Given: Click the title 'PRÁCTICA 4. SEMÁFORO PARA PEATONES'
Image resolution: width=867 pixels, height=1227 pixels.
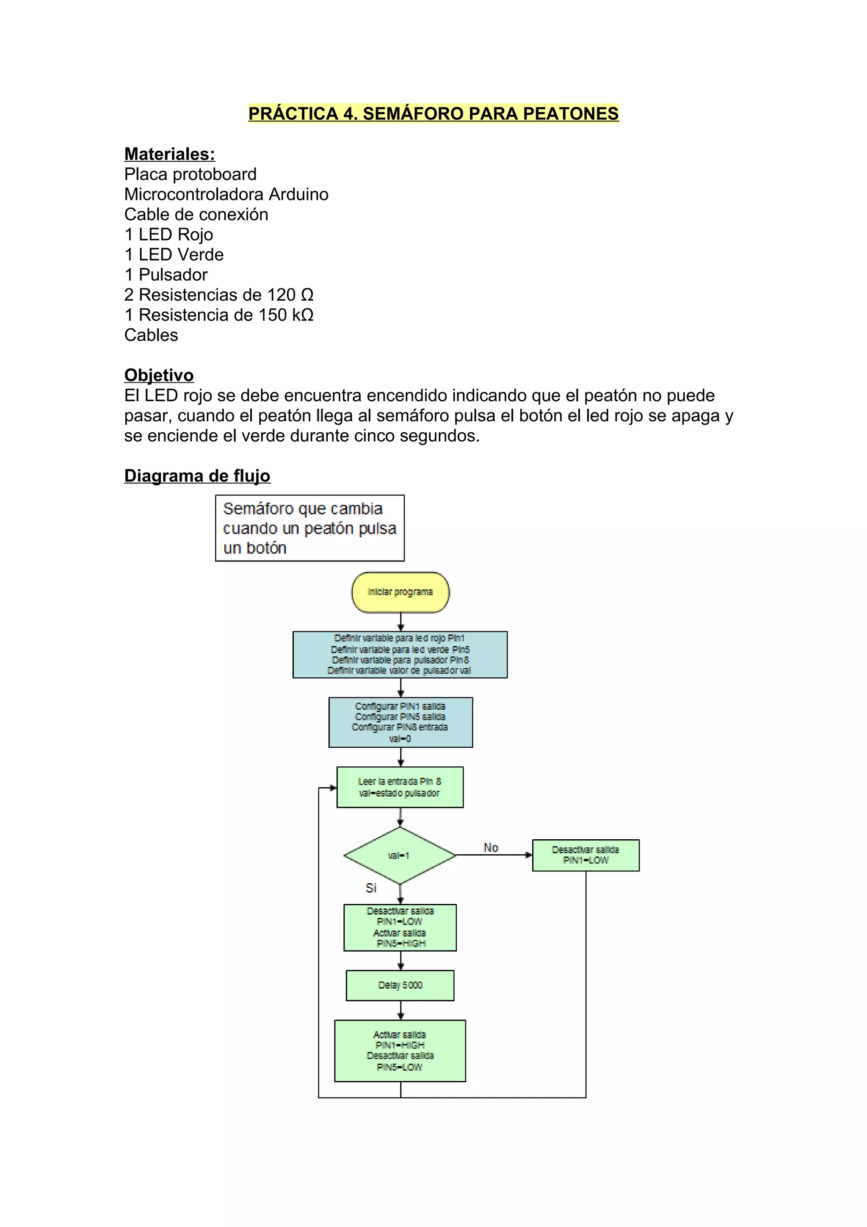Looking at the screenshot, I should (433, 113).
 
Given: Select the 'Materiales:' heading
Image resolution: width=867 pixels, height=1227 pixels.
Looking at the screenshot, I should (169, 154).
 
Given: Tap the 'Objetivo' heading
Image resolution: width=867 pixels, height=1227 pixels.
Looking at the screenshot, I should (159, 375).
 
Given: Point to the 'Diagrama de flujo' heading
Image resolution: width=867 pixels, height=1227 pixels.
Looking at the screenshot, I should (197, 475).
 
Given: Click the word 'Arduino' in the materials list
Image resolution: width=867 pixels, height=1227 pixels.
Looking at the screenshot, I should (298, 194).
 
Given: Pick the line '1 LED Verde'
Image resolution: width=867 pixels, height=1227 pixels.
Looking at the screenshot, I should (174, 254).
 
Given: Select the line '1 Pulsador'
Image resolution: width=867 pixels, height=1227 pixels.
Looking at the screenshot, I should (166, 275).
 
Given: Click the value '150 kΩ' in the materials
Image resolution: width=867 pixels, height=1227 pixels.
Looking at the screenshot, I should (286, 315).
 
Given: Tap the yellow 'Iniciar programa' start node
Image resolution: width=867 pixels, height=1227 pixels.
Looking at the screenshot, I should (400, 592).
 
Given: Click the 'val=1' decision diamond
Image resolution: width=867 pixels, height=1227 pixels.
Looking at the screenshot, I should (400, 856).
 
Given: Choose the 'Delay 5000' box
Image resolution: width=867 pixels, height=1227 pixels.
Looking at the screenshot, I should (400, 985).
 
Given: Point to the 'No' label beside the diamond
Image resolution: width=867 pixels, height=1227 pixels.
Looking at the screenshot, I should (490, 848).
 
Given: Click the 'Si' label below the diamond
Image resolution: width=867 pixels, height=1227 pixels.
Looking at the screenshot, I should (371, 888).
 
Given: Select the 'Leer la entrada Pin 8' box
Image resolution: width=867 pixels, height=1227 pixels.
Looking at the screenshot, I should (400, 787).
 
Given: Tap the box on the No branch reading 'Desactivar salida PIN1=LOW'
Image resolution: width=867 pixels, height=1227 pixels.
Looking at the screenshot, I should (585, 855).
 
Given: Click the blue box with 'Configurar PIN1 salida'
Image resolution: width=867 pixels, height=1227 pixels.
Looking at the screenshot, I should (400, 722).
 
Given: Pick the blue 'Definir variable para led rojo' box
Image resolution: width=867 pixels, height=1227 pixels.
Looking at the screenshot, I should (400, 655).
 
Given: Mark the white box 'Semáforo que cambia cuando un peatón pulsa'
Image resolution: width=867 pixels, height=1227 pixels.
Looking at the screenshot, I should (309, 528).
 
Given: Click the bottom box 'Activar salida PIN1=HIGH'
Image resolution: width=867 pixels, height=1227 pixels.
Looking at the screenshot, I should (400, 1050).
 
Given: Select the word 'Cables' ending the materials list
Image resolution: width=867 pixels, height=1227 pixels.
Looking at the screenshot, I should (151, 335).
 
